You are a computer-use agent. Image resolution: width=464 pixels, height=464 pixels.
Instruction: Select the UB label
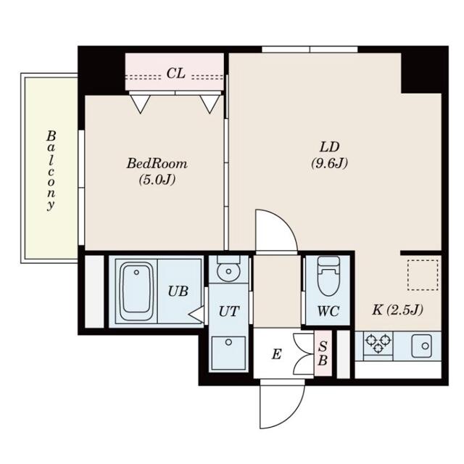tap(178, 291)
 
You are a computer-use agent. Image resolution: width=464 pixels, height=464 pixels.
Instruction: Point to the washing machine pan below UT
tap(228, 352)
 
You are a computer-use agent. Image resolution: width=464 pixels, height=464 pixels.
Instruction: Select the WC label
tap(327, 314)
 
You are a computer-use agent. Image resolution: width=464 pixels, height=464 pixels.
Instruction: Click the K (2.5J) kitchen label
tap(397, 310)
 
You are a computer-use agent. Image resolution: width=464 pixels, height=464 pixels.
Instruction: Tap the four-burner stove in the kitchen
tap(378, 344)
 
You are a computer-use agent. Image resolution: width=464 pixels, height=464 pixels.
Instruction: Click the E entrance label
tap(275, 355)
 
